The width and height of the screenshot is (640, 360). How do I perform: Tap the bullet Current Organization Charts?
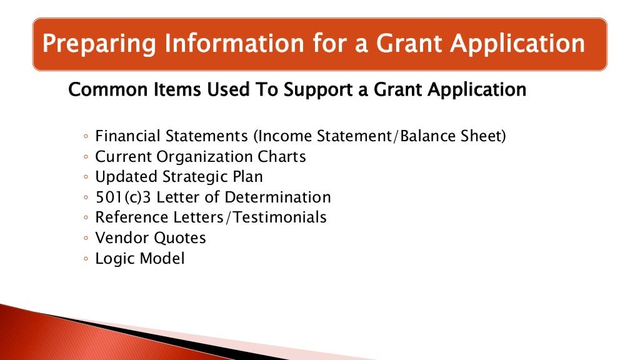tap(200, 156)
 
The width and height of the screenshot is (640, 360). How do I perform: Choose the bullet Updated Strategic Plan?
tap(179, 177)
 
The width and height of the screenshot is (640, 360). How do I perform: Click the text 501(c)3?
tap(123, 197)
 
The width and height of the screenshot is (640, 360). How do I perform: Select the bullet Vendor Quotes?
tap(150, 237)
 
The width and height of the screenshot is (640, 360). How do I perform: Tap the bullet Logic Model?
tap(139, 258)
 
